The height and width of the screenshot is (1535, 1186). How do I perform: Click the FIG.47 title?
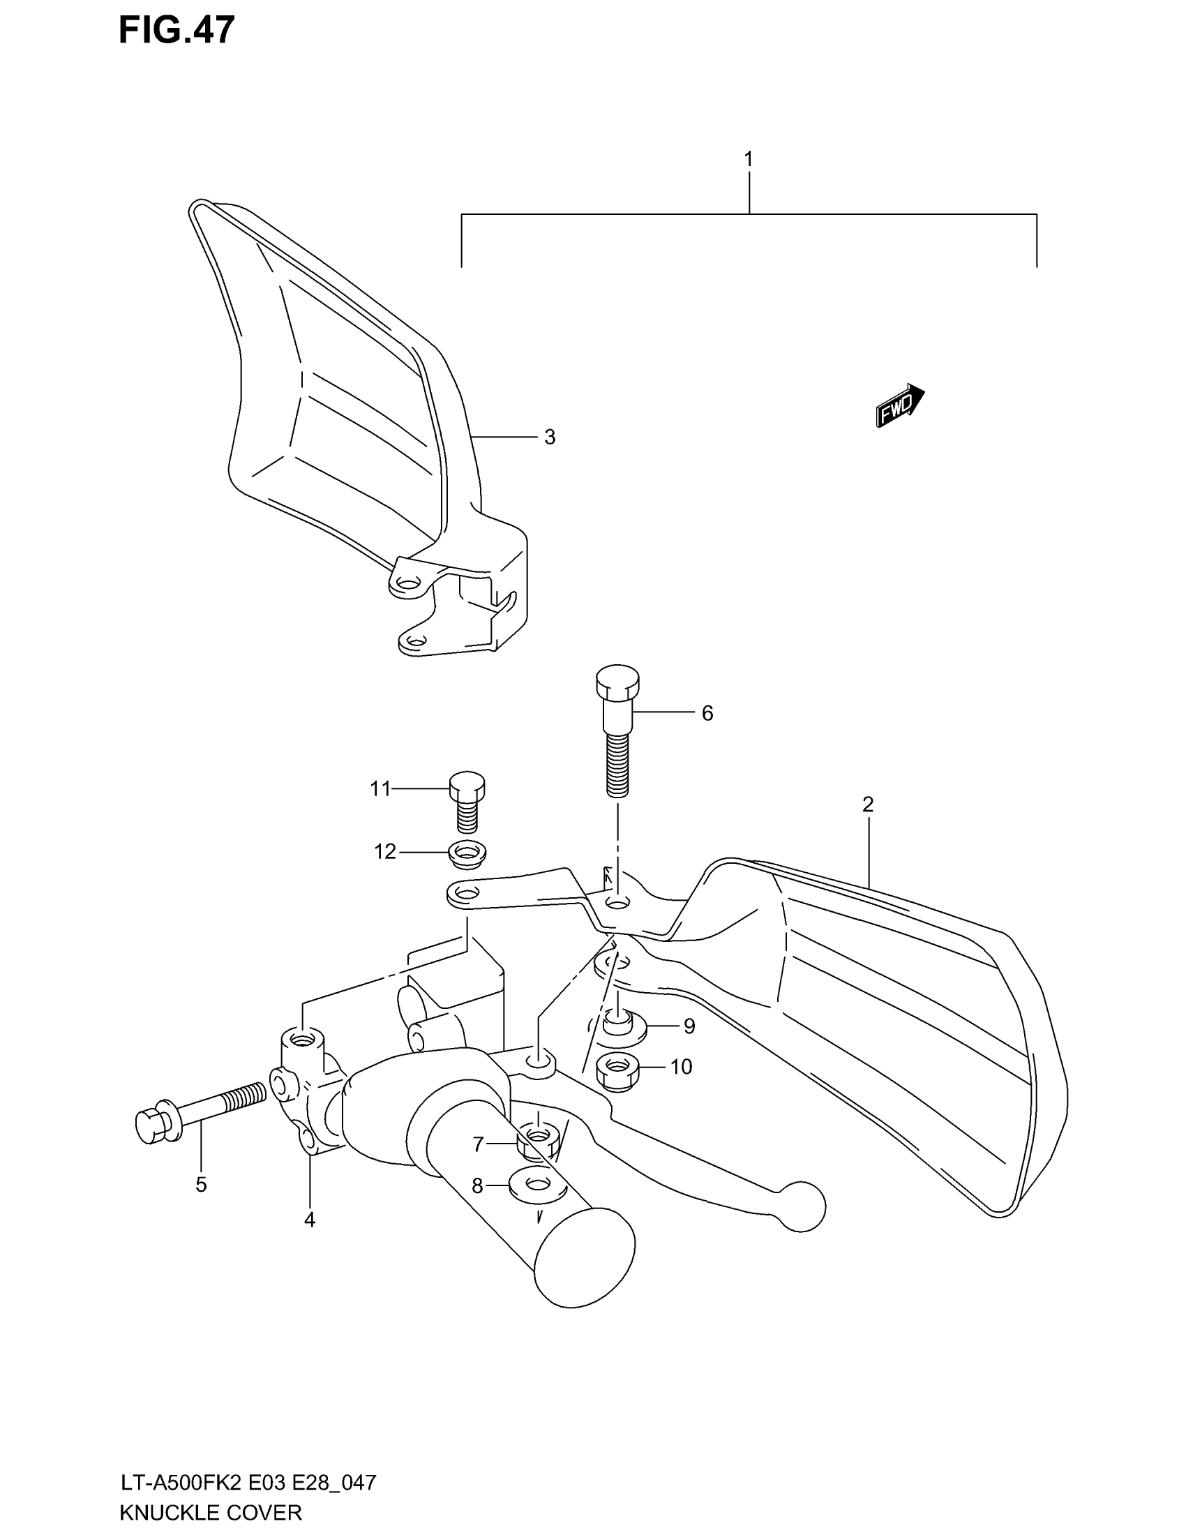coord(177,31)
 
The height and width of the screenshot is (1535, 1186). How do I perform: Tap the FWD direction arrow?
coord(900,405)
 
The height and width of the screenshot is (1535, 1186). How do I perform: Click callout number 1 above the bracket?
coord(749,160)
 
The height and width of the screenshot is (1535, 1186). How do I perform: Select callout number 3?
coord(550,437)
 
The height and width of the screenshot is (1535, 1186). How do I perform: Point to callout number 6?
coord(707,713)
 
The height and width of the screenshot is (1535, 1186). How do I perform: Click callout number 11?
coord(380,789)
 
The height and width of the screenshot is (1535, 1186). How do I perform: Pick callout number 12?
coord(385,852)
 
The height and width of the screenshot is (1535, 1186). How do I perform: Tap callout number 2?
coord(868,804)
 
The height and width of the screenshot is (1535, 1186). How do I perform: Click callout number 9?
coord(689,1027)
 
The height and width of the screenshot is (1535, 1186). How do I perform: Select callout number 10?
coord(681,1067)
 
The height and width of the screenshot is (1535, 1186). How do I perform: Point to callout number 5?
coord(201,1185)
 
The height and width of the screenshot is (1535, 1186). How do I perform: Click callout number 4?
coord(310,1220)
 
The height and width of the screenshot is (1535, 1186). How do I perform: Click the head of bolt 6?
coord(617,678)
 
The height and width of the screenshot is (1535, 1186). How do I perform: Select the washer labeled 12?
coord(467,854)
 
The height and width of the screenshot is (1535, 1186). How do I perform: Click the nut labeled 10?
coord(616,1072)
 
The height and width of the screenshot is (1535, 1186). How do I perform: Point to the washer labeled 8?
coord(537,1185)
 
